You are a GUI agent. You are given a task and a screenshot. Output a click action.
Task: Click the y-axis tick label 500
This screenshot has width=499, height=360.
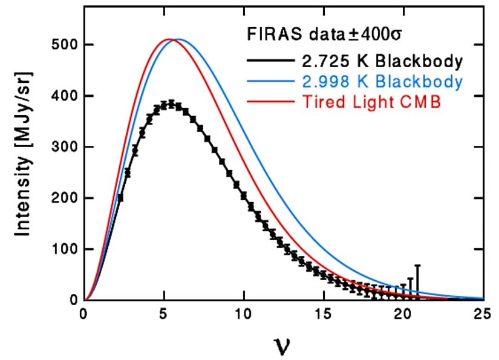(63, 45)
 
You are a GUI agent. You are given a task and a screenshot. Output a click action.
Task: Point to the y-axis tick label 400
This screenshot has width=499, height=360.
(63, 96)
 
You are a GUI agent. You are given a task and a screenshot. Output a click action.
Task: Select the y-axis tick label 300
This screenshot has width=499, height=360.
(63, 147)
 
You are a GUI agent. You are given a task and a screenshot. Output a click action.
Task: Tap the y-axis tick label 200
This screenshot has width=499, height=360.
(63, 198)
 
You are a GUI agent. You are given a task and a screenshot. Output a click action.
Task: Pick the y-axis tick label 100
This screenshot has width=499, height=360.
(63, 249)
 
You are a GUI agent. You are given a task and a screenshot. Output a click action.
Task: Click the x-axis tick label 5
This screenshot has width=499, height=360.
(164, 314)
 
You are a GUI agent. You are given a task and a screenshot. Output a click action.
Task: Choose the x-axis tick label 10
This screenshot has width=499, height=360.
(244, 314)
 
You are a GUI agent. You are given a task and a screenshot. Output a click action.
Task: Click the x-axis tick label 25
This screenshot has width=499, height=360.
(482, 314)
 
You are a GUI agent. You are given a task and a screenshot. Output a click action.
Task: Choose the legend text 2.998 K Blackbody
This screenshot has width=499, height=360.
(383, 81)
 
